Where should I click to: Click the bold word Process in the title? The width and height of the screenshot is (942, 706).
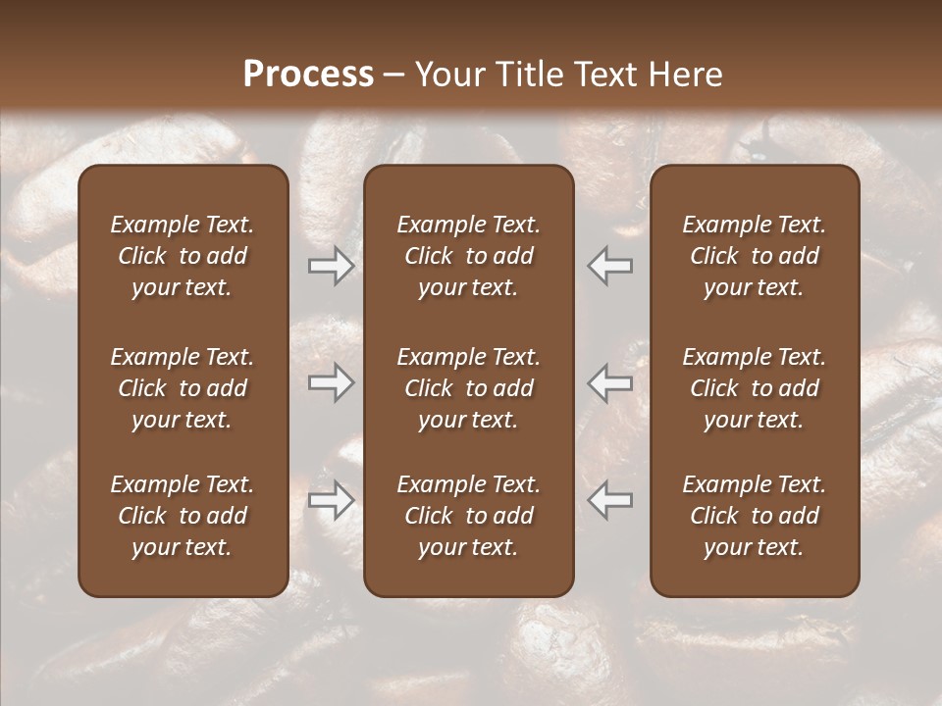click(x=308, y=75)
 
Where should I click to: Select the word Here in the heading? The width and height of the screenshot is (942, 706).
click(x=685, y=75)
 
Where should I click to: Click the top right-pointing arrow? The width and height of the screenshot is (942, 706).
click(x=331, y=266)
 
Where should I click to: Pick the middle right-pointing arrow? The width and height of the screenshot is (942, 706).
click(x=331, y=382)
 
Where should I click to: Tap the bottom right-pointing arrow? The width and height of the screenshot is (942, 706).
click(x=331, y=500)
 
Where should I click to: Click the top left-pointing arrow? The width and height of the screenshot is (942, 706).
click(x=610, y=266)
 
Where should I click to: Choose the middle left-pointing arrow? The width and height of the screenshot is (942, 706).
click(x=610, y=382)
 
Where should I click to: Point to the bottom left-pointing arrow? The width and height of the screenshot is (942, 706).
click(x=610, y=500)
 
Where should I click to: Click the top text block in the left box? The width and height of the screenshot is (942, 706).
click(x=183, y=256)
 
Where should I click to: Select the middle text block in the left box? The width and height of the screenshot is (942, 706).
click(x=183, y=388)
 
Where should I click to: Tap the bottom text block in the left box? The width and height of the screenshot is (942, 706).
click(x=183, y=516)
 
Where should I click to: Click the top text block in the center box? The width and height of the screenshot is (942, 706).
click(x=468, y=256)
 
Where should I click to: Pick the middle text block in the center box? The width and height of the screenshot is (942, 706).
click(x=468, y=388)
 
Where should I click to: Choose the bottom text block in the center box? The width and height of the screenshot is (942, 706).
click(x=468, y=516)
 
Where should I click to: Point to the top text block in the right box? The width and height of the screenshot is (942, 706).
click(x=754, y=256)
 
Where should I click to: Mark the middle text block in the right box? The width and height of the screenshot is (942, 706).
click(x=754, y=388)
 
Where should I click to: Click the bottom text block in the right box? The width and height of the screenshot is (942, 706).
click(x=754, y=516)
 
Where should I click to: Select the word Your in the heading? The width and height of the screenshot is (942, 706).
click(x=447, y=75)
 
